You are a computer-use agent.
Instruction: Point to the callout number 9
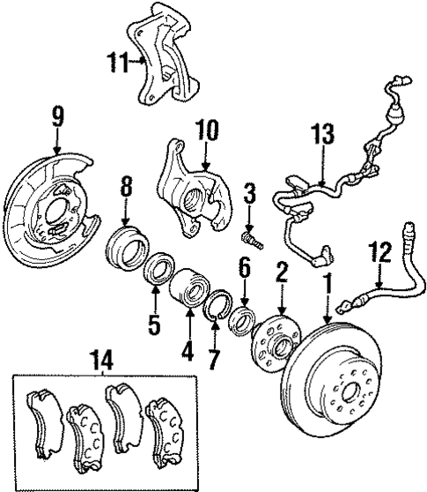tap(57, 114)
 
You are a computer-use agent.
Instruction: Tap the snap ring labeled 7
tap(217, 311)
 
